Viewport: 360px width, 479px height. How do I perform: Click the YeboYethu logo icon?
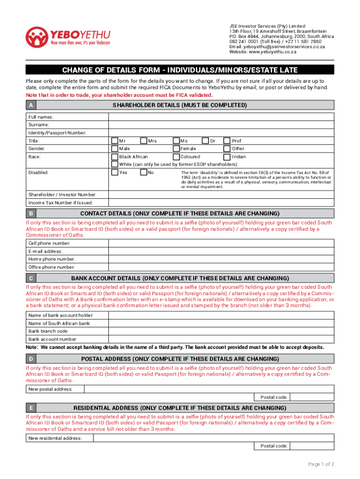tap(36, 36)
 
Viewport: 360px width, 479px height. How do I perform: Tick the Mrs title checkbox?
tap(144, 141)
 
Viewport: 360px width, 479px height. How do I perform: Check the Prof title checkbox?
tap(227, 141)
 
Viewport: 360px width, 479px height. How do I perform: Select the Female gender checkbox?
tap(176, 149)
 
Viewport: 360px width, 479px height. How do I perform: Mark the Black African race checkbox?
tap(115, 157)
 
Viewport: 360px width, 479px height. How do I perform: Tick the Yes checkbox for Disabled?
tap(115, 173)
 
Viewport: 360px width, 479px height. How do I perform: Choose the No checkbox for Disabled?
tap(144, 173)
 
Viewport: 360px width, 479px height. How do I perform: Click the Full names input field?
tap(221, 117)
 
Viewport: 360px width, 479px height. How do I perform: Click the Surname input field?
tap(221, 125)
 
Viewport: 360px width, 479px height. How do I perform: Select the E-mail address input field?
tap(221, 251)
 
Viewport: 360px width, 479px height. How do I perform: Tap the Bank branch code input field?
tap(221, 331)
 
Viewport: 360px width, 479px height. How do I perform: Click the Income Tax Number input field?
tap(221, 203)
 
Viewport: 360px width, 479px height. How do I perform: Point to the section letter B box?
tap(30, 214)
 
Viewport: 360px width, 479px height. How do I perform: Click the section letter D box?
tap(30, 359)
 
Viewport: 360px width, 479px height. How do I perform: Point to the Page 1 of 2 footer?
tap(321, 464)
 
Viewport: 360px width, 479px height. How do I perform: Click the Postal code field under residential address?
tap(312, 446)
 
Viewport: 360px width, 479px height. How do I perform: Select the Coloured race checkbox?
tap(176, 157)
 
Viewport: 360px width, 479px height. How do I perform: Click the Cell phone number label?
tap(50, 243)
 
